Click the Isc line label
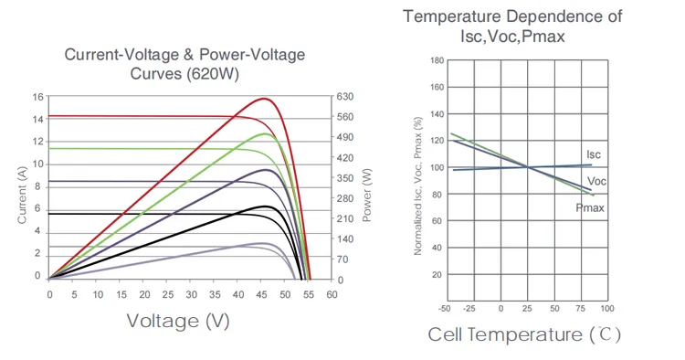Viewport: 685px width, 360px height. [x=593, y=154]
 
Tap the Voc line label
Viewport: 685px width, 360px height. [x=597, y=181]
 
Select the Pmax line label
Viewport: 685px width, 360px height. [x=591, y=209]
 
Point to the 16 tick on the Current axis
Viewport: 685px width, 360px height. [x=37, y=96]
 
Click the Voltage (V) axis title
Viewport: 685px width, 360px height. [x=177, y=321]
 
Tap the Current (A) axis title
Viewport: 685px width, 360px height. [x=22, y=192]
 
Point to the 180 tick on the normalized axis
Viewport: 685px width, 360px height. [x=437, y=60]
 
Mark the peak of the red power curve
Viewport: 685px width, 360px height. [x=265, y=98]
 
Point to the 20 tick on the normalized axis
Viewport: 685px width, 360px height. [x=437, y=274]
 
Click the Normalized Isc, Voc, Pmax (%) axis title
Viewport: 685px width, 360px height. [x=417, y=185]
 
